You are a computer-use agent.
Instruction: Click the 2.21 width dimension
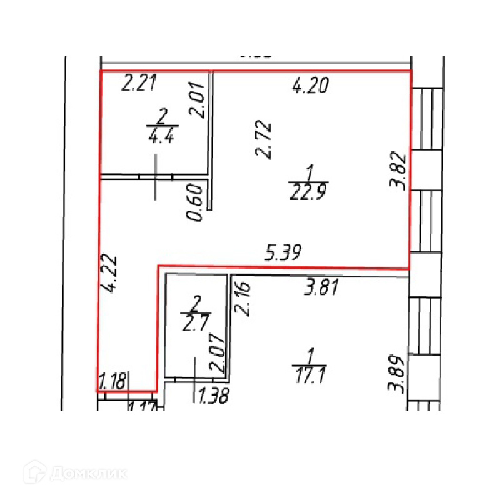(138, 83)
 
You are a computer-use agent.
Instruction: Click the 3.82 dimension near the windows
(400, 171)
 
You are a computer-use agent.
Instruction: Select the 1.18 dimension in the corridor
(114, 380)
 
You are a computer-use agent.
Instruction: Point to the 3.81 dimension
(321, 288)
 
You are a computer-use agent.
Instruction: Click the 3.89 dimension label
(397, 373)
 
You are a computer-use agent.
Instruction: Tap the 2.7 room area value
(194, 322)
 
